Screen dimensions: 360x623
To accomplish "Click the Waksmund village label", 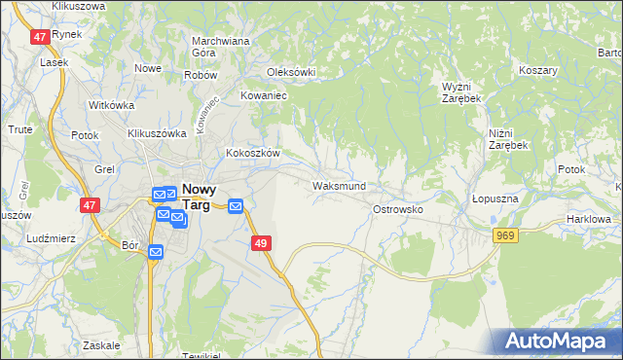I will pos(339,186).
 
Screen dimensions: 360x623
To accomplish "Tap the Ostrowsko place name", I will pos(396,209).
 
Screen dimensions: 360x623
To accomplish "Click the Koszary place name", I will pos(537,71).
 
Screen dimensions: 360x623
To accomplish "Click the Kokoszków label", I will pos(253,154).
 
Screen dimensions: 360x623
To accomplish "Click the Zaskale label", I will pos(101,345).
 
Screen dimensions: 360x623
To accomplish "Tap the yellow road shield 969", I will pos(504,235).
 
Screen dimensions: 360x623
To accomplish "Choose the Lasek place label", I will pos(53,61).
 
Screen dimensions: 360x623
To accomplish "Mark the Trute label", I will pos(20,129).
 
